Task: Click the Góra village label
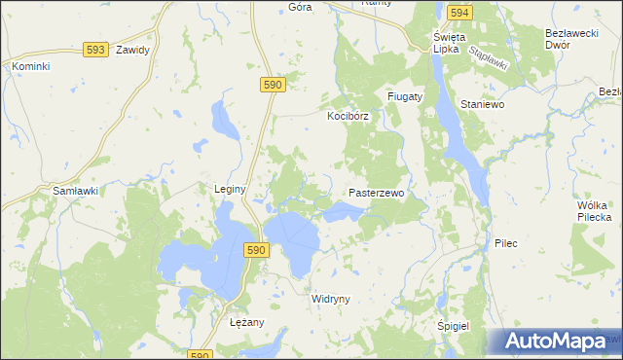pyautogui.click(x=300, y=6)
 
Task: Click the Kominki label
pyautogui.click(x=30, y=66)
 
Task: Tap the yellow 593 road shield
pyautogui.click(x=94, y=49)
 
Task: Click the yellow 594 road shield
pyautogui.click(x=460, y=13)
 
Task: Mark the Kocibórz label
pyautogui.click(x=346, y=116)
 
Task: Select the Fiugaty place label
pyautogui.click(x=405, y=97)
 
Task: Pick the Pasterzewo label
pyautogui.click(x=376, y=194)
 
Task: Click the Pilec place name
pyautogui.click(x=506, y=242)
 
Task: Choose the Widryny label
pyautogui.click(x=330, y=299)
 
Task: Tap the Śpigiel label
pyautogui.click(x=454, y=327)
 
